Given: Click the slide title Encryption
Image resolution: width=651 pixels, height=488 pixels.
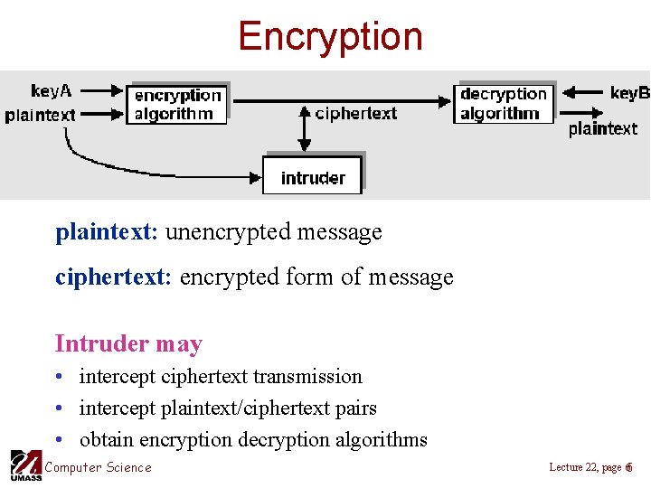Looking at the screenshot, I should click(x=330, y=36).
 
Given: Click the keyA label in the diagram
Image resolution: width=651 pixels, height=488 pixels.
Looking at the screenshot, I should click(x=51, y=90).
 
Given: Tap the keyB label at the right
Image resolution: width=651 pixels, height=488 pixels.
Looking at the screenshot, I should click(x=629, y=93).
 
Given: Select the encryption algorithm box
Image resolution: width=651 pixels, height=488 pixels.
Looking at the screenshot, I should click(x=178, y=105).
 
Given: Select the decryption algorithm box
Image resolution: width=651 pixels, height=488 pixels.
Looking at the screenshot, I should click(x=505, y=104).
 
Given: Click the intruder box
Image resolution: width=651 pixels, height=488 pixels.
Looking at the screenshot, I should click(x=313, y=177).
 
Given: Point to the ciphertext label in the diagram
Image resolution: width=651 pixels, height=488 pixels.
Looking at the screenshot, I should click(x=356, y=113).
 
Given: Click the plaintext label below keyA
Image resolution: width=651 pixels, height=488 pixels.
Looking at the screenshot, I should click(x=40, y=116).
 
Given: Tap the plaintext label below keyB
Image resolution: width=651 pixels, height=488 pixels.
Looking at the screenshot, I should click(x=602, y=129).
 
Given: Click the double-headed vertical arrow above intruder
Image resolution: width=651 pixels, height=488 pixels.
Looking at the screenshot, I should click(x=305, y=130).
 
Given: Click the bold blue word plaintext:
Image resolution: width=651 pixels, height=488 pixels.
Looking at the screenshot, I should click(x=107, y=232).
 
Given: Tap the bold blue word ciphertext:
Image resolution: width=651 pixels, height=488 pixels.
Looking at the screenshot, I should click(x=114, y=277).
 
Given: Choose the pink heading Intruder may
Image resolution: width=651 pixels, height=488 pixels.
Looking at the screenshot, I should click(x=128, y=343).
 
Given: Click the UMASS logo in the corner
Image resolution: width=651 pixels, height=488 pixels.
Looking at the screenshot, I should click(x=24, y=465).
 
